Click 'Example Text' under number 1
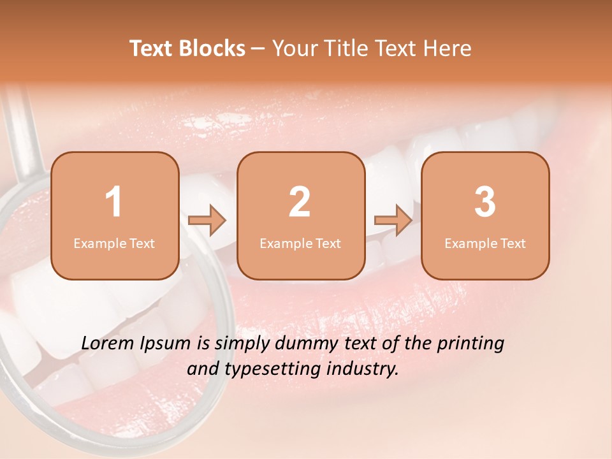pos(114,244)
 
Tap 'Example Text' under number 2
pos(300,244)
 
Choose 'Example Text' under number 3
pos(485,244)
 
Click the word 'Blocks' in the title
pos(212,48)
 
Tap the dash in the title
pos(258,49)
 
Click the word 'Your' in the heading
pos(291,48)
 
